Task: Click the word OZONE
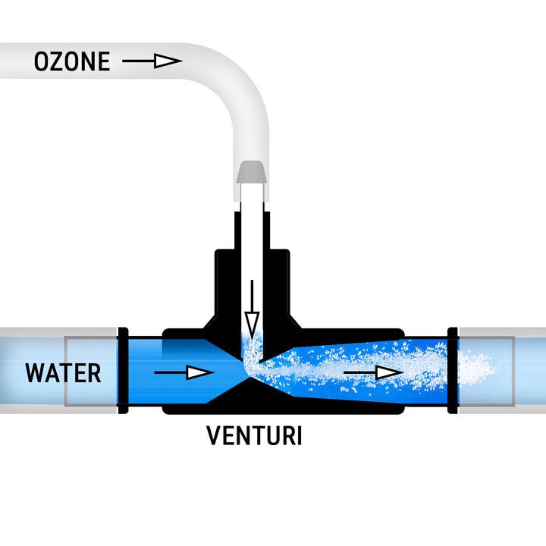click(72, 61)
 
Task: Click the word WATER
click(63, 373)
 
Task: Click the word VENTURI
click(254, 436)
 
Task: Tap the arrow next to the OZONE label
click(152, 61)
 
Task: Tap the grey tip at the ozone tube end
click(251, 173)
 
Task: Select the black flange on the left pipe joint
click(123, 371)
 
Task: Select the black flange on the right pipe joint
click(453, 371)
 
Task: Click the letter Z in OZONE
click(60, 61)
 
